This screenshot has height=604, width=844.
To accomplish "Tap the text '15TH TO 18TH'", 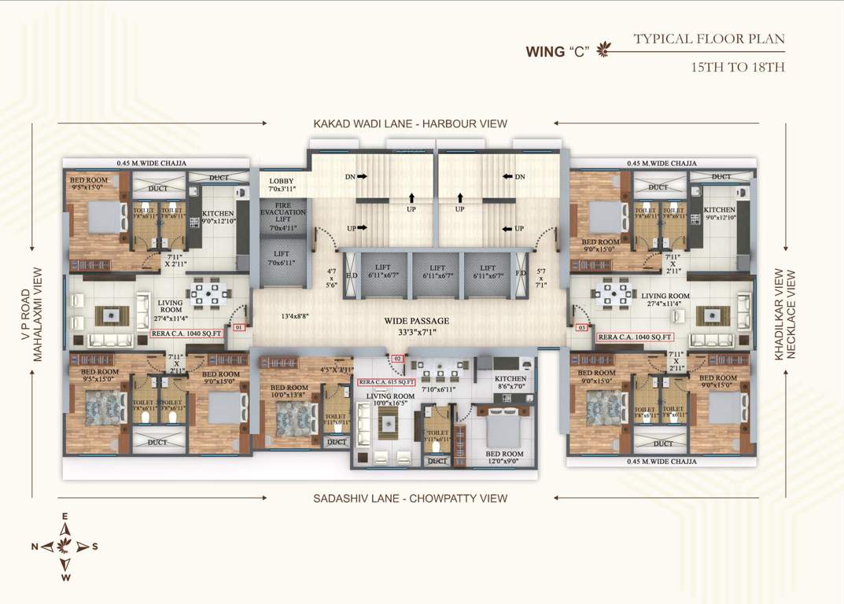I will (737, 68).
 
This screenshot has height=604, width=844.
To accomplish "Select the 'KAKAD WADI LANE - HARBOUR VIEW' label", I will (410, 123).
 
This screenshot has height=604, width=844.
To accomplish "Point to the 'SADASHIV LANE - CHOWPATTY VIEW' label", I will (410, 498).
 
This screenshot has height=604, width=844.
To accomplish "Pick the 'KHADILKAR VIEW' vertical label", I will (779, 315).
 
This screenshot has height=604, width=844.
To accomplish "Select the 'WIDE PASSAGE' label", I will (417, 321).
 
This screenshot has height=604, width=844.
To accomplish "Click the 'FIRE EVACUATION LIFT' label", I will (282, 216).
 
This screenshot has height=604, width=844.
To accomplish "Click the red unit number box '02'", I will (397, 359).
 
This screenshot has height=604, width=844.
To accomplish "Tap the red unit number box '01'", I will (238, 326).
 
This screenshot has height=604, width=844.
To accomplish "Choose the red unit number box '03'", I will (581, 326).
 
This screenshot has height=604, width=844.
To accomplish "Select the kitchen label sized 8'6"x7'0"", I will (510, 382).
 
